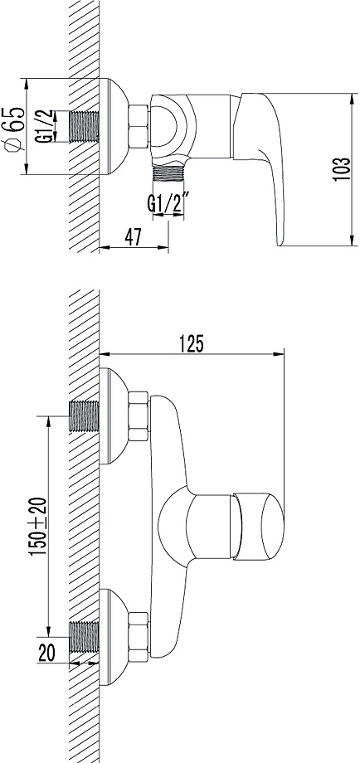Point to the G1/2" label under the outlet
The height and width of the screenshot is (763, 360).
[x=163, y=203]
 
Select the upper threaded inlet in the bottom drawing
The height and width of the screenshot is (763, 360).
[x=84, y=414]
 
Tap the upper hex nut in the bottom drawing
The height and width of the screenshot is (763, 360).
[x=138, y=414]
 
